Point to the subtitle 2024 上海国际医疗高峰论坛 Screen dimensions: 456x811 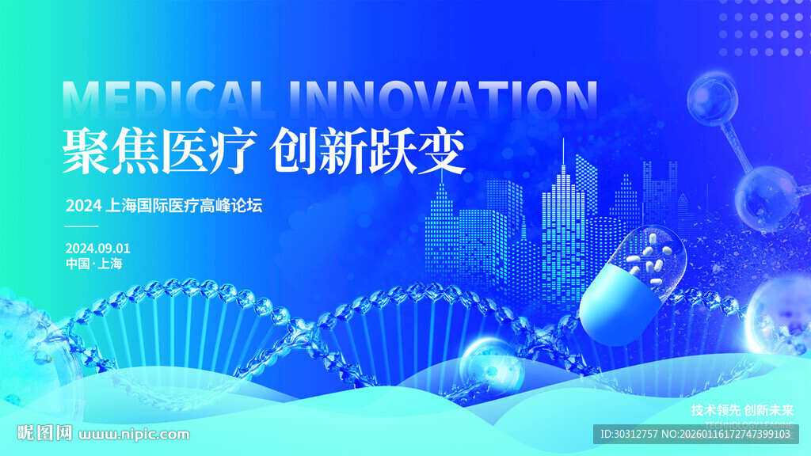[163, 206]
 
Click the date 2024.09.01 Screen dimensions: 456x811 [98, 248]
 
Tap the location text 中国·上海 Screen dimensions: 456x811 [93, 264]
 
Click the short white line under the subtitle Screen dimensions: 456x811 [82, 226]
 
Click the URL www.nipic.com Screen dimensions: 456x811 [135, 434]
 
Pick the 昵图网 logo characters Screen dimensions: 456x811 [44, 433]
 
